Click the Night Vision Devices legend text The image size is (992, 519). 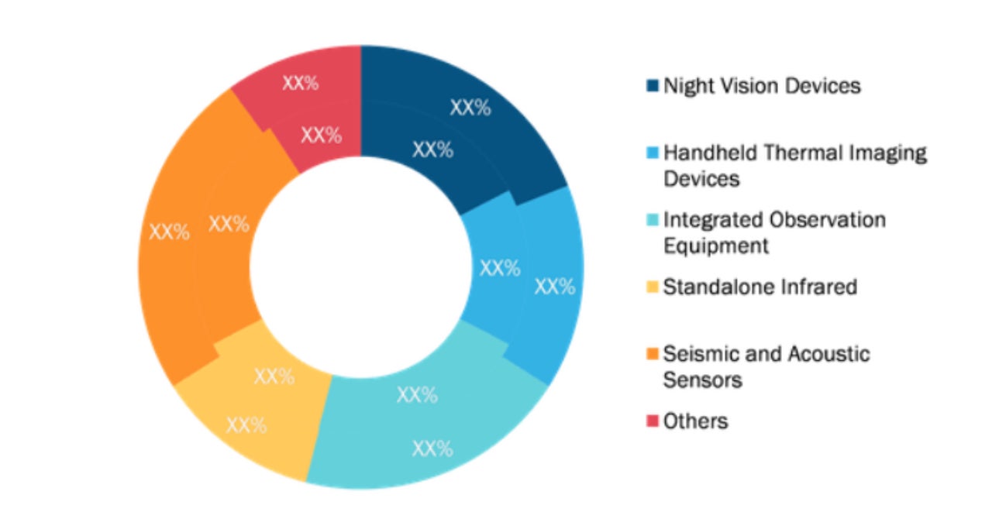coord(762,85)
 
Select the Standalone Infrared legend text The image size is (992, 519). coord(759,287)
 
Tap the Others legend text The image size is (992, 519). coord(695,421)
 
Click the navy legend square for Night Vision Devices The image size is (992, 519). coord(653,86)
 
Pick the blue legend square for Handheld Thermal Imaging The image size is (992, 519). coord(653,153)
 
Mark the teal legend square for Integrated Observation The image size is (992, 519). coord(653,220)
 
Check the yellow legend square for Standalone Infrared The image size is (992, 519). coord(653,287)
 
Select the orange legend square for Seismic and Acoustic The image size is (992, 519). coord(653,355)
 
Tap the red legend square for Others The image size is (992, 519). coord(653,421)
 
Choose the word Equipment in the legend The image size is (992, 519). coord(716,246)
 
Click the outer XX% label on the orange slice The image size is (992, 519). coord(169,232)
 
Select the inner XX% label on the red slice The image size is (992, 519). coord(321,136)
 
